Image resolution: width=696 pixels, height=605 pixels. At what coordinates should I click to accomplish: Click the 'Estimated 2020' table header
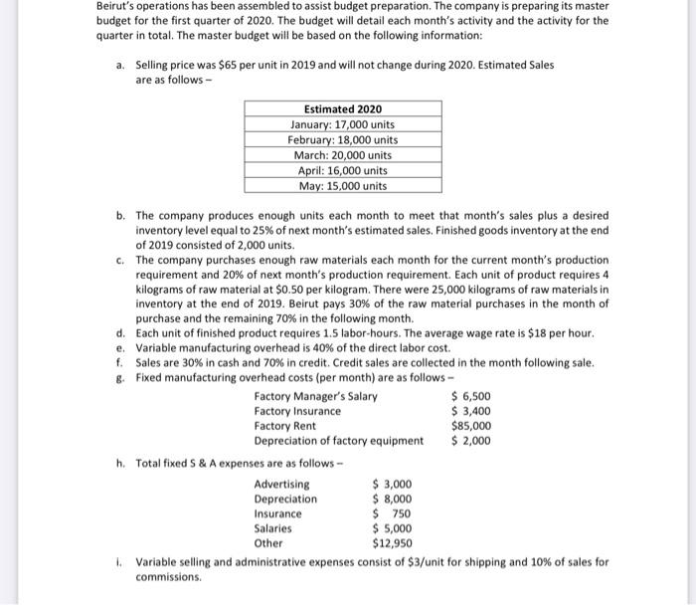tap(342, 108)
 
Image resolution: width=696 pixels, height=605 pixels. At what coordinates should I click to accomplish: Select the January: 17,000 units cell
tap(342, 124)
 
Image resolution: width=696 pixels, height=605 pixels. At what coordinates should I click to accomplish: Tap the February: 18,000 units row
tap(342, 139)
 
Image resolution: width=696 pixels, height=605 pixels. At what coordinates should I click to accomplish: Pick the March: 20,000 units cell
tap(342, 155)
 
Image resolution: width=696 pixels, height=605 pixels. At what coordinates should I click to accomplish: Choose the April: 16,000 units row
tap(342, 170)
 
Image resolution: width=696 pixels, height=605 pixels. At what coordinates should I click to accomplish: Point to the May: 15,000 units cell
tap(342, 186)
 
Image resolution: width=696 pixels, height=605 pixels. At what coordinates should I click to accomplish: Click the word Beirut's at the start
tap(118, 6)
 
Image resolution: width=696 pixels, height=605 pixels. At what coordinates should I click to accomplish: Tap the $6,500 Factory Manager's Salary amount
tap(470, 396)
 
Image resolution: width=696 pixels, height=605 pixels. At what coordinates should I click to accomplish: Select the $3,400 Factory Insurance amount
tap(470, 411)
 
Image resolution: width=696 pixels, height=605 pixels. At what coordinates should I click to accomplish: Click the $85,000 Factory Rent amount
tap(470, 426)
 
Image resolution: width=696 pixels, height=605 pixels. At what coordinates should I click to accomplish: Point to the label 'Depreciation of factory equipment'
tap(338, 441)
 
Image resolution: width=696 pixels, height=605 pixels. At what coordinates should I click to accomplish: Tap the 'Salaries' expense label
tap(273, 529)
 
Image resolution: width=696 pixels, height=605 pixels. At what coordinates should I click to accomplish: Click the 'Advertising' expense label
tap(281, 485)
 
